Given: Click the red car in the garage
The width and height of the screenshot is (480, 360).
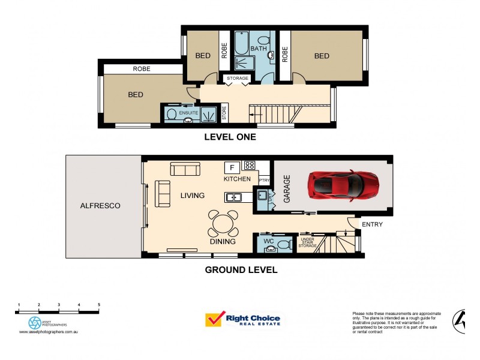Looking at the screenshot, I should [343, 185].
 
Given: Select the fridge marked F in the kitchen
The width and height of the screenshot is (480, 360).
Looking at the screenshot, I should [231, 167].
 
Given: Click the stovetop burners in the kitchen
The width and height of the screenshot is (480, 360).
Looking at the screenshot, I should [249, 166].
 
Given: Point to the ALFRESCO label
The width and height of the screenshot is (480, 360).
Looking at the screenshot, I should [100, 206].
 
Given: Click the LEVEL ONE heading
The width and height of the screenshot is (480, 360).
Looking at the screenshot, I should [230, 137].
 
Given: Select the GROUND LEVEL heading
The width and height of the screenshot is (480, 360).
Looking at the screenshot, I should [241, 270].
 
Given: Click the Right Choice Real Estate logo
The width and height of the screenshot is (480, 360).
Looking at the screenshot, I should [242, 320].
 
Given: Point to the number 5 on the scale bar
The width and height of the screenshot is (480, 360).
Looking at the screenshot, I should [99, 305].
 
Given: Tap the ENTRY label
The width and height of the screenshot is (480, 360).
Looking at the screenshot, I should [371, 224].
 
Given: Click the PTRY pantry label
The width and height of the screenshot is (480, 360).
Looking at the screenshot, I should [264, 180].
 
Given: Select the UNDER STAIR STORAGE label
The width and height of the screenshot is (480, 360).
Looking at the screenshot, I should [307, 242].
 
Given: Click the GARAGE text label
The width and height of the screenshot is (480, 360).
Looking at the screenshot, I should [287, 188].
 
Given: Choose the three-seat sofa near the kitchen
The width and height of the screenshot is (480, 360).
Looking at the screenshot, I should [185, 169].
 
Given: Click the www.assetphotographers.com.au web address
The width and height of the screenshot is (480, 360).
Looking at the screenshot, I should [49, 332].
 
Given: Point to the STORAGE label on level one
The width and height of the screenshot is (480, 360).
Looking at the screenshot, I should [237, 79].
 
